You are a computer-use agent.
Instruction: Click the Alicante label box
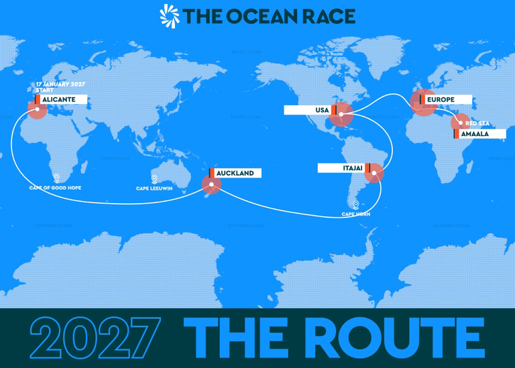61,99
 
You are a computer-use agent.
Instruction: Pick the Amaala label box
480,134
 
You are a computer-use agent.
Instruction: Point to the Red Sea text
478,124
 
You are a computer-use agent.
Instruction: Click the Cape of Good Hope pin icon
56,178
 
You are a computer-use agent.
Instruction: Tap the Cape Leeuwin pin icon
155,179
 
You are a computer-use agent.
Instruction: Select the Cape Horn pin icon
355,204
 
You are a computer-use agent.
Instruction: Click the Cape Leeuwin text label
156,188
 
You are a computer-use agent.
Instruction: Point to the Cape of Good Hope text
56,188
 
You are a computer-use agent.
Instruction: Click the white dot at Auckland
211,184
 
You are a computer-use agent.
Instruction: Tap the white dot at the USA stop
341,115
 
